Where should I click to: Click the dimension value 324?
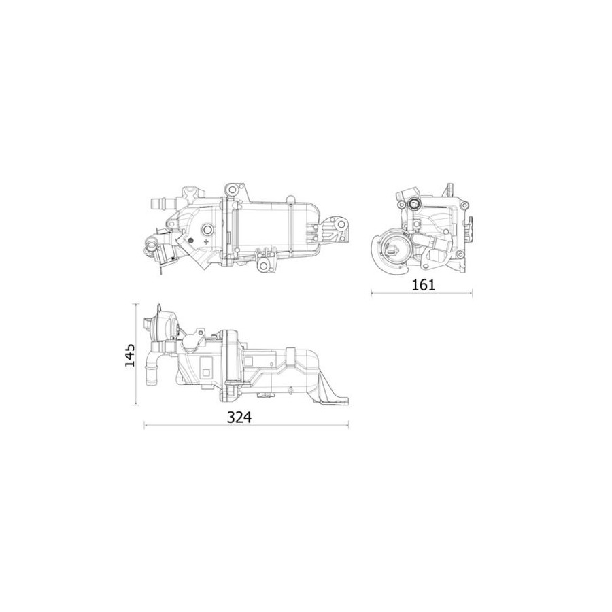[x=239, y=418]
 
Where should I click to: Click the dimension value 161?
[x=423, y=285]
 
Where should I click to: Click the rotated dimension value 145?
[x=130, y=355]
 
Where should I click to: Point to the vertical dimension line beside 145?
[x=136, y=354]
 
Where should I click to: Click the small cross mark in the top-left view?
[x=207, y=242]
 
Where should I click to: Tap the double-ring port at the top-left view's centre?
[x=207, y=229]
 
